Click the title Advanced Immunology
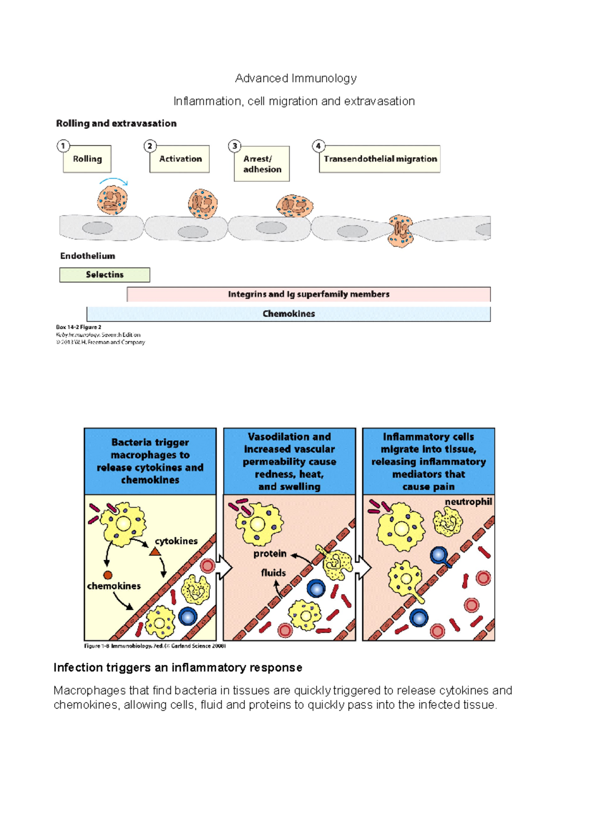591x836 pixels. coord(295,78)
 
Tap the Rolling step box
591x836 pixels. coord(87,159)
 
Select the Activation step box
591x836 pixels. coord(180,159)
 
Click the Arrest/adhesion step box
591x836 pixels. coord(262,164)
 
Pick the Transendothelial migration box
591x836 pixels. coord(380,159)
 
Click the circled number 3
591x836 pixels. coord(235,146)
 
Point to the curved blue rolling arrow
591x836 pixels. coord(114,180)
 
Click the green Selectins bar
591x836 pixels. coord(104,275)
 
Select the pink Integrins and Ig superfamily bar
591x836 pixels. coord(308,294)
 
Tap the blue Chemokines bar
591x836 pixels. coord(289,314)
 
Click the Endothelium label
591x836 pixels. coord(88,256)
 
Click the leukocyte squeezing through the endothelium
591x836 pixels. coord(400,231)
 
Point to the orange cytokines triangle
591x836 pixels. coord(155,552)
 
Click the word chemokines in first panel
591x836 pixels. coord(114,586)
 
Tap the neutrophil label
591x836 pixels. coord(468,502)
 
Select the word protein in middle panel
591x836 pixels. coord(270,553)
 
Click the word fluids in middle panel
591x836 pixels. coord(273,573)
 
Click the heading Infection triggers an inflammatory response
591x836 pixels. coord(178,668)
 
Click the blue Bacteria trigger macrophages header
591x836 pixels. coord(150,461)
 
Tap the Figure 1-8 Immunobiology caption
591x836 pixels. coord(155,646)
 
